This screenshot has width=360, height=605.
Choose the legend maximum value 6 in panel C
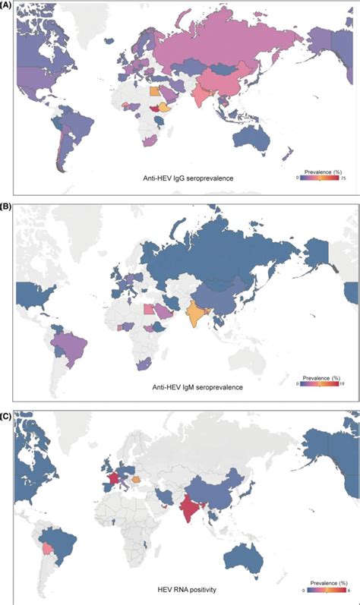point(347,590)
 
